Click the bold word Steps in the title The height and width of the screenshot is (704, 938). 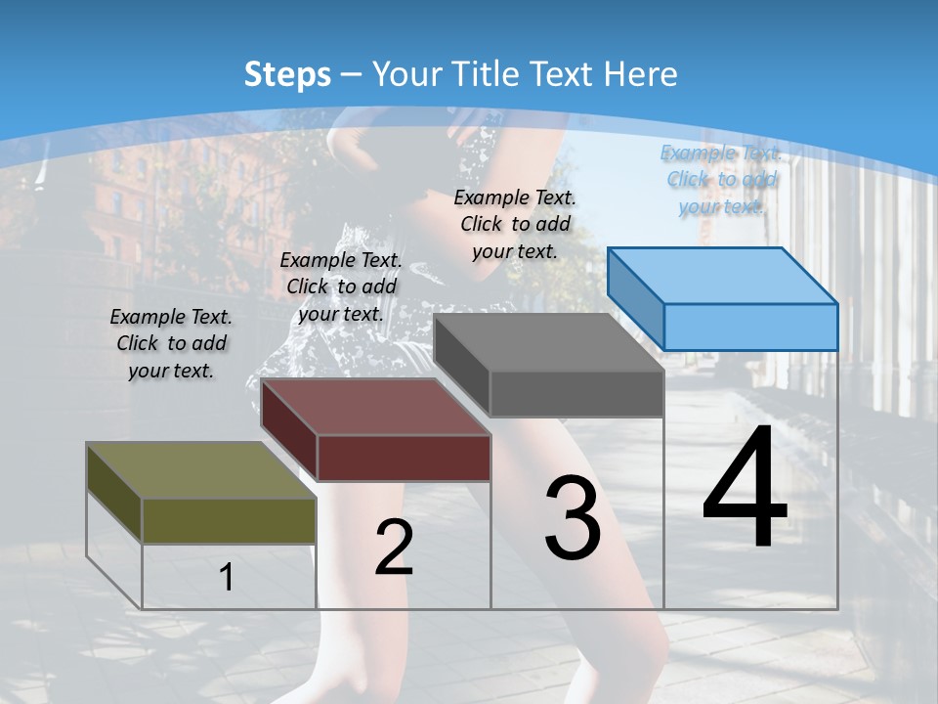(287, 74)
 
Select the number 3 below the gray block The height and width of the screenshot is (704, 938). (573, 518)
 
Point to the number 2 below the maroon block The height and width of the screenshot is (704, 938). (394, 548)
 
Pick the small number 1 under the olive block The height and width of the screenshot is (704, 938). (227, 578)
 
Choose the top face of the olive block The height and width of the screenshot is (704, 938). (200, 470)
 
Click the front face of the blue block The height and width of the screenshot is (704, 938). (750, 327)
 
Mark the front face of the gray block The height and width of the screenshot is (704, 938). (576, 394)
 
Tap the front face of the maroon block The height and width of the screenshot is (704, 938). (404, 458)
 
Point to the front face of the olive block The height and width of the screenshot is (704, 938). (229, 520)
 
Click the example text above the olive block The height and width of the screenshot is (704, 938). (171, 343)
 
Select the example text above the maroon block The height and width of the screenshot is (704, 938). (341, 286)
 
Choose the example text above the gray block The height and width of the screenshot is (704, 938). (515, 224)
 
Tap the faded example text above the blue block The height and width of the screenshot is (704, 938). (722, 179)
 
